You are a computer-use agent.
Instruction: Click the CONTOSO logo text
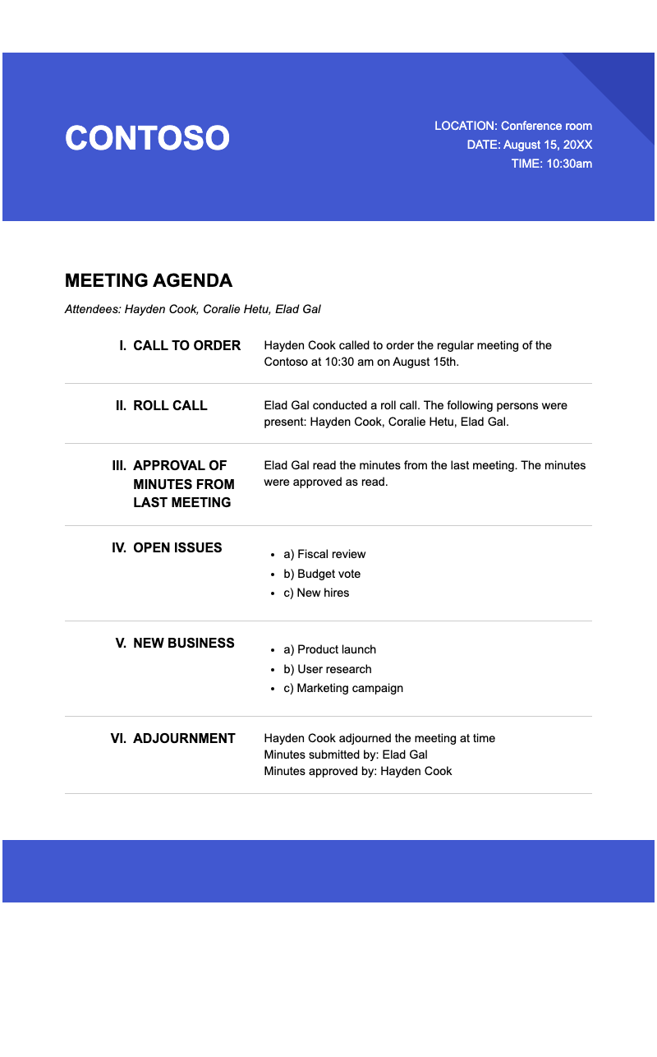[x=147, y=138]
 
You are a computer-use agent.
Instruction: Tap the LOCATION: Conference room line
[x=512, y=126]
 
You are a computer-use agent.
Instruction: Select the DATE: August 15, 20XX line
[x=529, y=145]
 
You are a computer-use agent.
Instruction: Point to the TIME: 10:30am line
[x=551, y=164]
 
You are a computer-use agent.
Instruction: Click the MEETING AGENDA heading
[x=149, y=280]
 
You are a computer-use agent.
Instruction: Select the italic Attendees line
[x=192, y=310]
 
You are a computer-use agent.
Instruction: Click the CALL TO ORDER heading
[x=186, y=345]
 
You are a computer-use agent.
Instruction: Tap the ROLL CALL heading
[x=170, y=405]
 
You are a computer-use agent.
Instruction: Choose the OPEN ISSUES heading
[x=177, y=547]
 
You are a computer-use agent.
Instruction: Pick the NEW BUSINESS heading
[x=183, y=643]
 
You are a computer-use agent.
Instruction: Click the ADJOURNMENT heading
[x=184, y=738]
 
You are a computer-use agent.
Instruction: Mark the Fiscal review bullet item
[x=324, y=554]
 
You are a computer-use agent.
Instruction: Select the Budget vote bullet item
[x=322, y=574]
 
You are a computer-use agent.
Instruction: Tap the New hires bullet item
[x=316, y=593]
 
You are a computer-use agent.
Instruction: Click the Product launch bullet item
[x=329, y=649]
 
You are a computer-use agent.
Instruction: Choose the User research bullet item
[x=328, y=669]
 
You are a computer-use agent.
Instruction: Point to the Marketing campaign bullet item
[x=343, y=688]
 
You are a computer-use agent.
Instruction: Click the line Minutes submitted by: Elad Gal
[x=346, y=755]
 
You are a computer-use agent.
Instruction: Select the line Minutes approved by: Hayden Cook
[x=358, y=771]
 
